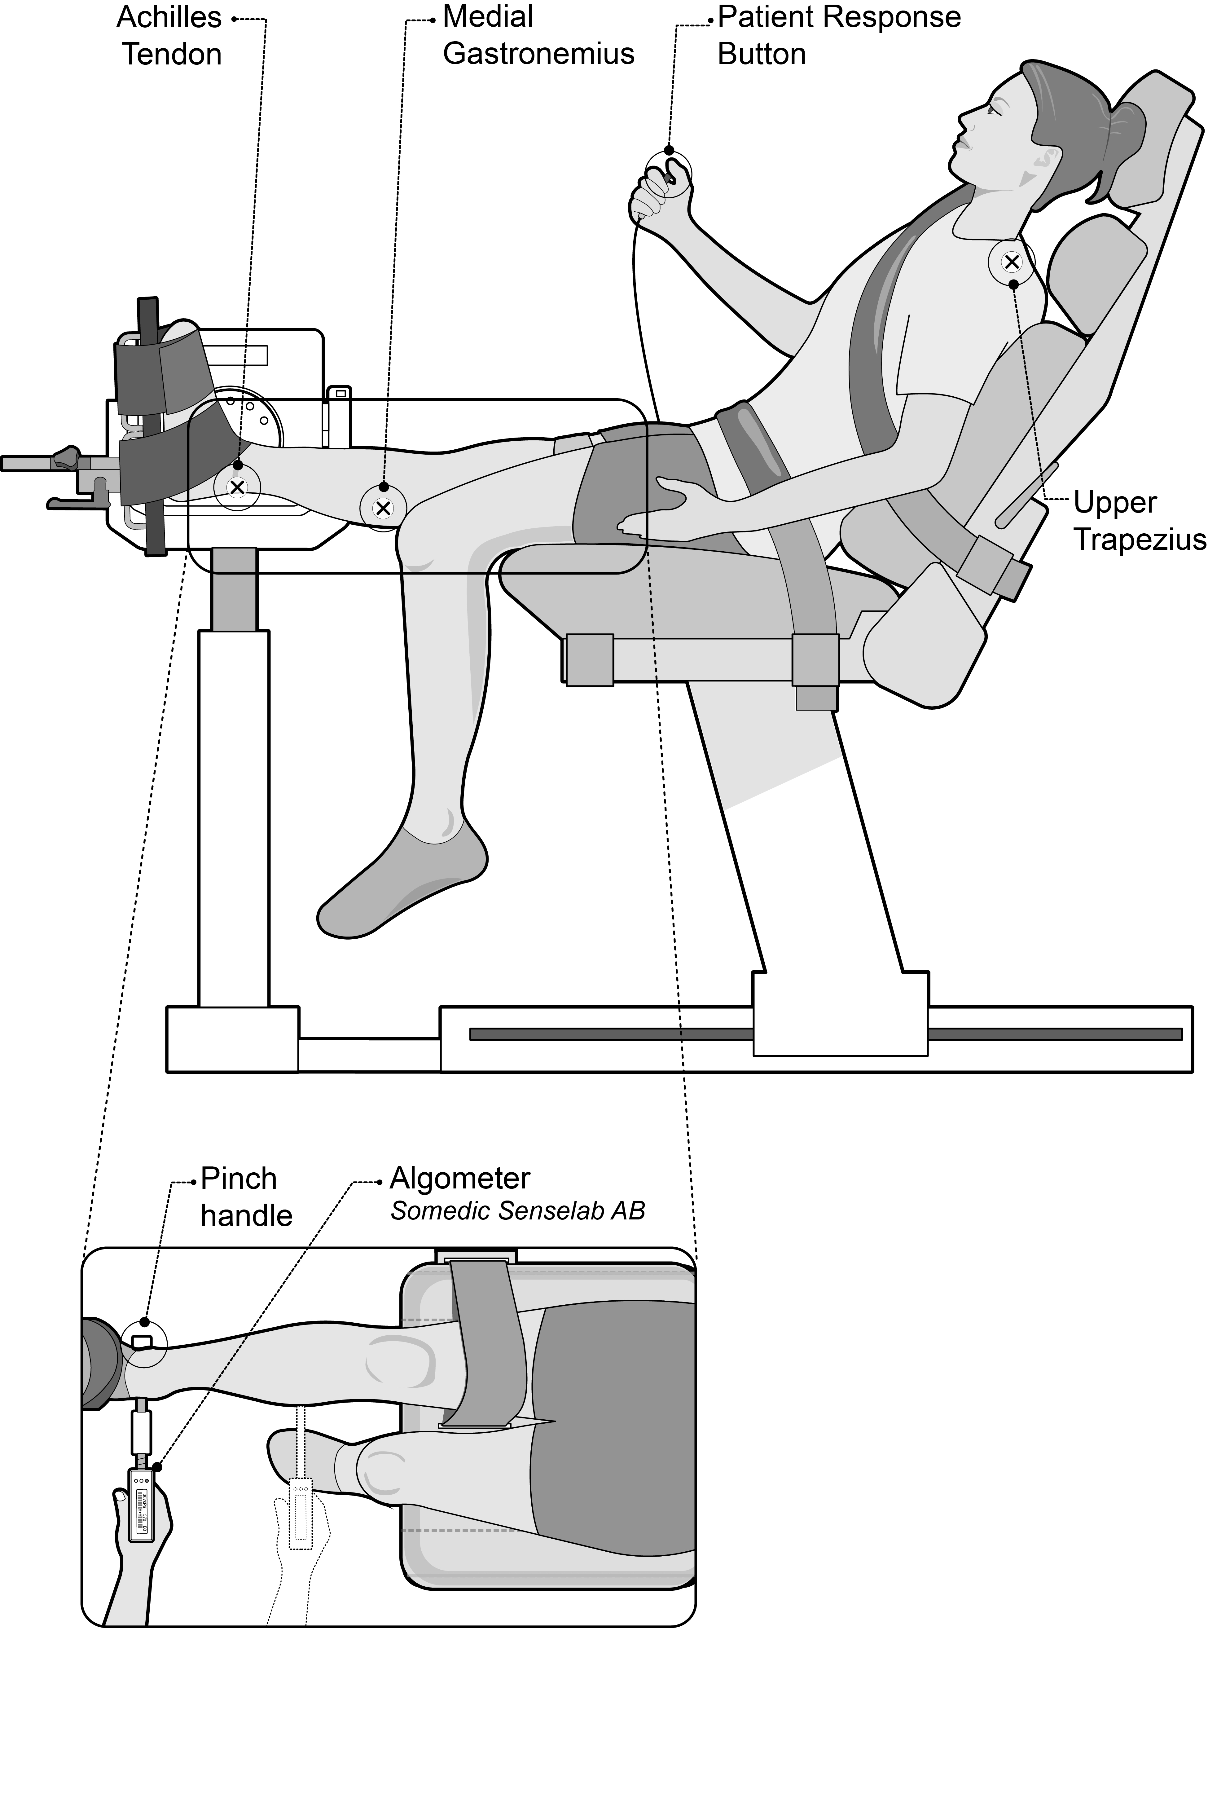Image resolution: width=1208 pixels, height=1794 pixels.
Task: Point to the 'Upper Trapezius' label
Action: [1139, 521]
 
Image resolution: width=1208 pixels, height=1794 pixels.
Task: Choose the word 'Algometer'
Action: [460, 1178]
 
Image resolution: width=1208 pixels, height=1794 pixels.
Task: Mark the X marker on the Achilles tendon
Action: [237, 487]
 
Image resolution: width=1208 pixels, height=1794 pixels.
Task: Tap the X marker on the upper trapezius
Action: [1012, 262]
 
